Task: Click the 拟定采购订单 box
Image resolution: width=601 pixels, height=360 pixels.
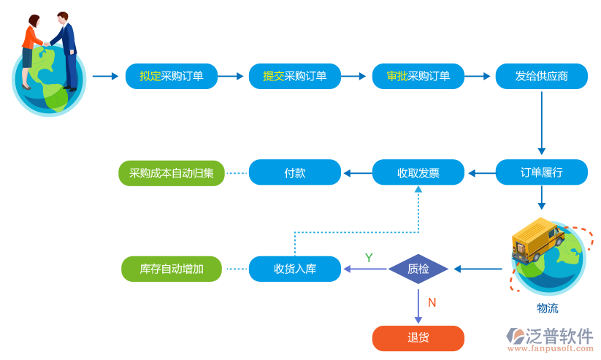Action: pyautogui.click(x=172, y=76)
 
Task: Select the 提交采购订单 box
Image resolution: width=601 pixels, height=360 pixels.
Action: pyautogui.click(x=294, y=76)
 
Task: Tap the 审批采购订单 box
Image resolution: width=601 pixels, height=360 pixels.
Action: pyautogui.click(x=418, y=76)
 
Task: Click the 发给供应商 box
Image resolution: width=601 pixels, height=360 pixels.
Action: pyautogui.click(x=541, y=76)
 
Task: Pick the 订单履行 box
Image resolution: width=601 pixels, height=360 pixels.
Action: pyautogui.click(x=541, y=173)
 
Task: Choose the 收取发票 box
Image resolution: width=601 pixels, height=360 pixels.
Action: pyautogui.click(x=418, y=173)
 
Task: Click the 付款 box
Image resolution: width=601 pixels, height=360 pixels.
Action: pyautogui.click(x=294, y=173)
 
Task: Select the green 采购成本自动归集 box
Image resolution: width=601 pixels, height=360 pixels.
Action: pyautogui.click(x=172, y=173)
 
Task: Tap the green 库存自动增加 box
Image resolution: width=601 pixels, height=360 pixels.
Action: pyautogui.click(x=172, y=269)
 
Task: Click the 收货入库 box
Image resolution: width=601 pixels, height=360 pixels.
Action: pyautogui.click(x=294, y=269)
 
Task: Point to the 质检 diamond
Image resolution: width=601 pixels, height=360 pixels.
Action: pyautogui.click(x=418, y=269)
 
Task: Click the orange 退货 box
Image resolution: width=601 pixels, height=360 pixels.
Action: pyautogui.click(x=418, y=338)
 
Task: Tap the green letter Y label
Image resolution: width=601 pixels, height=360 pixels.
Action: pyautogui.click(x=369, y=258)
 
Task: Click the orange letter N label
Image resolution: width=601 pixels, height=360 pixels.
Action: pyautogui.click(x=432, y=302)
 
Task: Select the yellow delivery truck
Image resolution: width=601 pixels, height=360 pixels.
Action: pyautogui.click(x=537, y=238)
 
